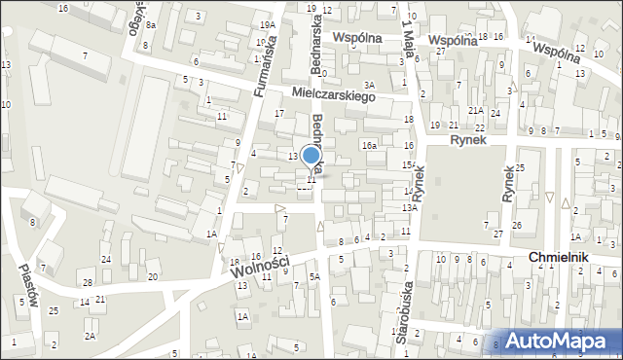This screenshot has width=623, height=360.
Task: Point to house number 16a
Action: [369, 145]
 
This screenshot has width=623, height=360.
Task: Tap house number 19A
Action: [267, 24]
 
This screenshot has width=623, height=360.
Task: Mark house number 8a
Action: [151, 24]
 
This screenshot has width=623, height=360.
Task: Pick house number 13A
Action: [410, 207]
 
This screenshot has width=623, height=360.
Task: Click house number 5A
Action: [314, 277]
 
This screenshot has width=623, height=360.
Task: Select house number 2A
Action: [90, 336]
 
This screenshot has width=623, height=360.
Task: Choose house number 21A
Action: [475, 111]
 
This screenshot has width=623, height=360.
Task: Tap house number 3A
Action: [369, 86]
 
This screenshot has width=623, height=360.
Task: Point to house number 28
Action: [87, 282]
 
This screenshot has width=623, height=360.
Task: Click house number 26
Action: [517, 226]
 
